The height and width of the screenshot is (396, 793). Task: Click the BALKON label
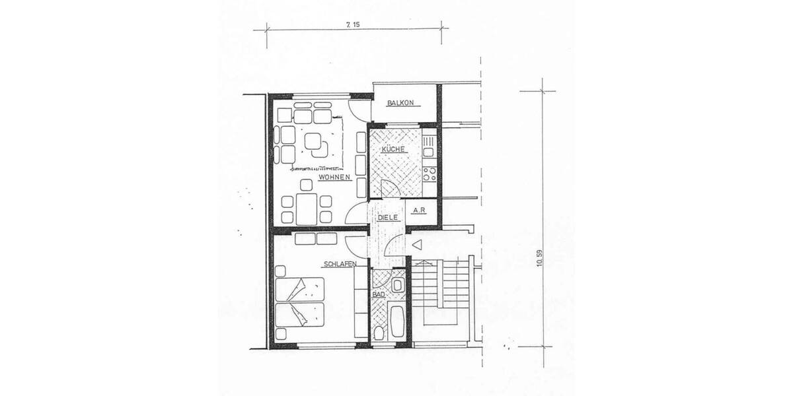(400, 103)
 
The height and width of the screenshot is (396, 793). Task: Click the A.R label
(418, 211)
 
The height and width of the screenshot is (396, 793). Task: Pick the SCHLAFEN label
(340, 264)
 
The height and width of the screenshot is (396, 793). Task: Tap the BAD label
(379, 294)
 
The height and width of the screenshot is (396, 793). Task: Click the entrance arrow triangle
(416, 246)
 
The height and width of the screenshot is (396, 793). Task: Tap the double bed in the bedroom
(301, 302)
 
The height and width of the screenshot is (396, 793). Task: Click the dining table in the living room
(306, 209)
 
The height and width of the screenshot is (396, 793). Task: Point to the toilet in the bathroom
(379, 332)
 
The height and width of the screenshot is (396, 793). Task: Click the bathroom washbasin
(398, 285)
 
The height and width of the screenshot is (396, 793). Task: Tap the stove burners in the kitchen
(429, 174)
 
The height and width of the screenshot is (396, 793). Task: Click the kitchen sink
(428, 141)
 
